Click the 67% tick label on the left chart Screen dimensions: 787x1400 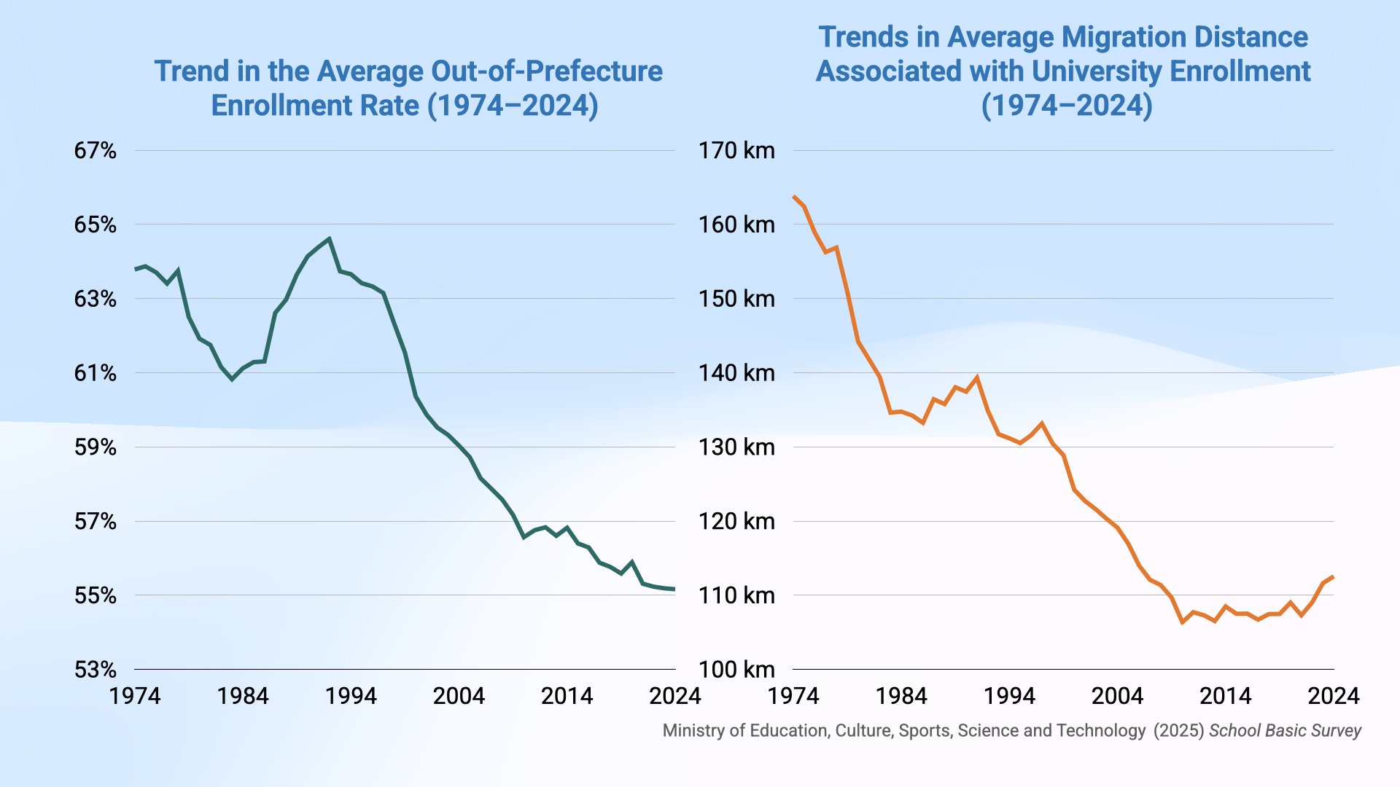pyautogui.click(x=95, y=151)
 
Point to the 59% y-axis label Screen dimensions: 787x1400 pyautogui.click(x=95, y=447)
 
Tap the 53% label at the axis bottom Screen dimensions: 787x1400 pyautogui.click(x=95, y=670)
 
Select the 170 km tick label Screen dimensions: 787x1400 pyautogui.click(x=736, y=151)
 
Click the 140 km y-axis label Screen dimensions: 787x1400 pyautogui.click(x=736, y=373)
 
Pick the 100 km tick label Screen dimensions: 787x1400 pyautogui.click(x=736, y=670)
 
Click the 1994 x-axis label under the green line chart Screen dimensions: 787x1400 pyautogui.click(x=351, y=696)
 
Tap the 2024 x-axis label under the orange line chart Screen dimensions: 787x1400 pyautogui.click(x=1333, y=696)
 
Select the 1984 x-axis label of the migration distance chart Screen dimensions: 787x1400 pyautogui.click(x=901, y=696)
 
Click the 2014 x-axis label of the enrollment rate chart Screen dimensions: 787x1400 pyautogui.click(x=567, y=696)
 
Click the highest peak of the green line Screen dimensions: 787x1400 pyautogui.click(x=330, y=238)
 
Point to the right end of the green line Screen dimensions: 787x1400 pyautogui.click(x=674, y=589)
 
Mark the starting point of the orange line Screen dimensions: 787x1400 pyautogui.click(x=794, y=196)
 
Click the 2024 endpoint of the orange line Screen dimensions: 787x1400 pyautogui.click(x=1333, y=577)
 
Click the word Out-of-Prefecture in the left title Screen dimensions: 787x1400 pyautogui.click(x=547, y=71)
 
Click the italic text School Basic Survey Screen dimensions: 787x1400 pyautogui.click(x=1285, y=731)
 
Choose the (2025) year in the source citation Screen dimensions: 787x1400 pyautogui.click(x=1178, y=731)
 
